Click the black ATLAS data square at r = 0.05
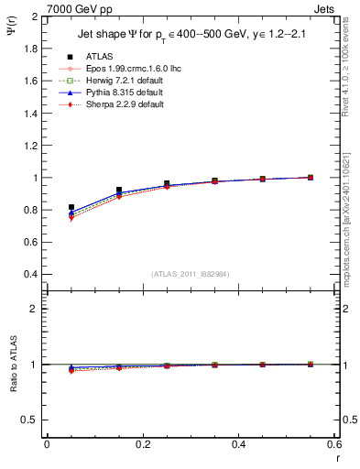(x=71, y=208)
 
